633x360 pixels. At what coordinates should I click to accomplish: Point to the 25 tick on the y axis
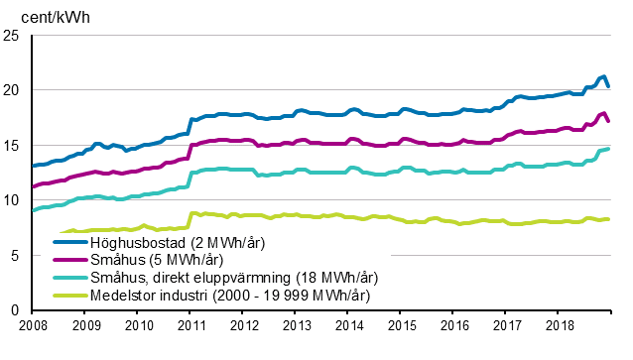coord(13,36)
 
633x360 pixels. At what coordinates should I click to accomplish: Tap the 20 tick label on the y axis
coord(13,90)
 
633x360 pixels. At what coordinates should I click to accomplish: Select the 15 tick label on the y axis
coord(13,146)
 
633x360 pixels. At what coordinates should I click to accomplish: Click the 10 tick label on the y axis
coord(13,200)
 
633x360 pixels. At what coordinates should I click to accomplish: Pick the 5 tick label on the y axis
coord(17,255)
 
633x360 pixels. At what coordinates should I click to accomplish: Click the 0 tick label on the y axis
coord(17,309)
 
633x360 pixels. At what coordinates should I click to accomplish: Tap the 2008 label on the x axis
coord(34,324)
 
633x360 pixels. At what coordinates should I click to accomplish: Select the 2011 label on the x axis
coord(190,324)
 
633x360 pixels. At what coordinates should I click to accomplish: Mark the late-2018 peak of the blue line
coord(603,76)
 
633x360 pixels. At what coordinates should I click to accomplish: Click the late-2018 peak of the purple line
coord(604,112)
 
